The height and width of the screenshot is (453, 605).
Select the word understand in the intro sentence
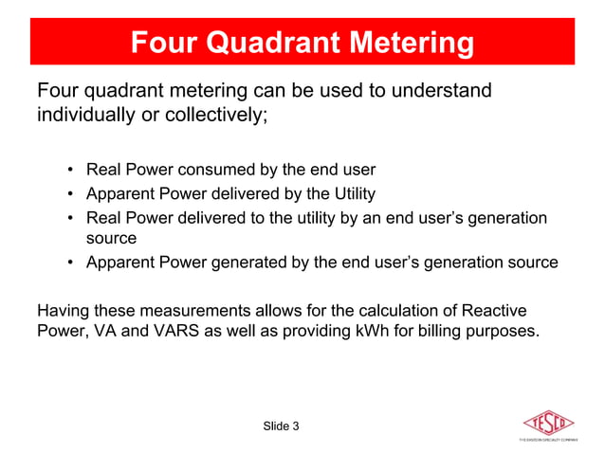click(x=445, y=92)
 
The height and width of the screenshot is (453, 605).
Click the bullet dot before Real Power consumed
click(x=71, y=171)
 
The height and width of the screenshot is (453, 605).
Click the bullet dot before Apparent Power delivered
click(x=71, y=194)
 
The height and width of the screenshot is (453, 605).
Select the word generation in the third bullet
click(x=509, y=218)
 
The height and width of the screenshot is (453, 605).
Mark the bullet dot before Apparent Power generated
click(x=71, y=263)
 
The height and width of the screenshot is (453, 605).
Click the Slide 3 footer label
click(x=281, y=426)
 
